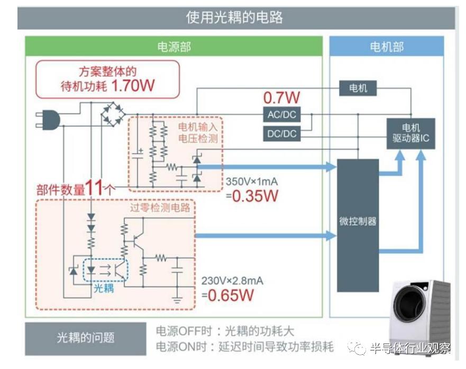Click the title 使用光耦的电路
click(234, 17)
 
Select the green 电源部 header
click(173, 47)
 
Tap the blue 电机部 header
click(386, 47)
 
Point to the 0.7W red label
click(281, 97)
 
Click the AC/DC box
click(281, 114)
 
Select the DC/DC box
click(281, 133)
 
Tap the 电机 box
click(358, 88)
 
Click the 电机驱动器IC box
click(410, 133)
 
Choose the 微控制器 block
click(358, 222)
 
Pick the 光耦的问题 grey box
click(85, 338)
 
